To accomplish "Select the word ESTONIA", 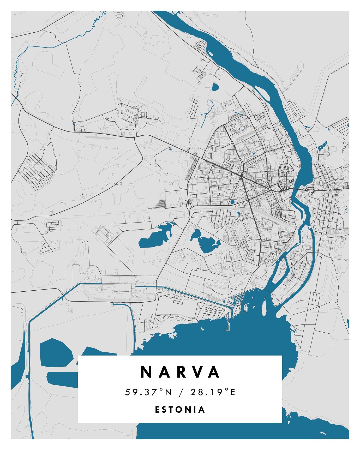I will pos(180,409).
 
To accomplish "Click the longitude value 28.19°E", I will pos(213,392).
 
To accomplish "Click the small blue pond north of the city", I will pos(215,87).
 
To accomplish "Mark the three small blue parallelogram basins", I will pos(322,146).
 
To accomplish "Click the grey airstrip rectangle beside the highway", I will pos(97,136).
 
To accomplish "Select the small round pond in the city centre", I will pos(232,202).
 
